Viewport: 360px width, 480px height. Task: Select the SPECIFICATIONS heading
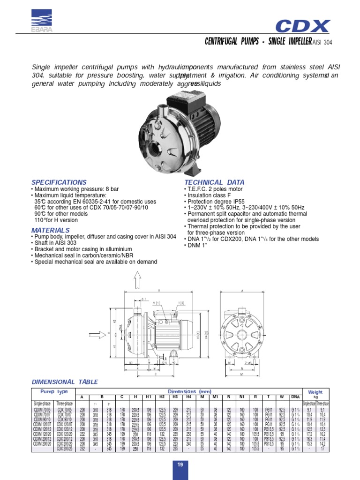tap(59, 182)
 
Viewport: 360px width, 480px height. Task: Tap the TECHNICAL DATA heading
tap(214, 182)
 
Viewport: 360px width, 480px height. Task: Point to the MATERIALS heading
tap(50, 230)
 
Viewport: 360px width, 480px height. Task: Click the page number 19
tap(180, 465)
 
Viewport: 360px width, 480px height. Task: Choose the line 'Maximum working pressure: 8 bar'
tap(68, 189)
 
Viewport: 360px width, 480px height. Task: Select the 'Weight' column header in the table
tap(315, 391)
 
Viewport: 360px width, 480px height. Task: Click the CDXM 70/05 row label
tap(42, 409)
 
